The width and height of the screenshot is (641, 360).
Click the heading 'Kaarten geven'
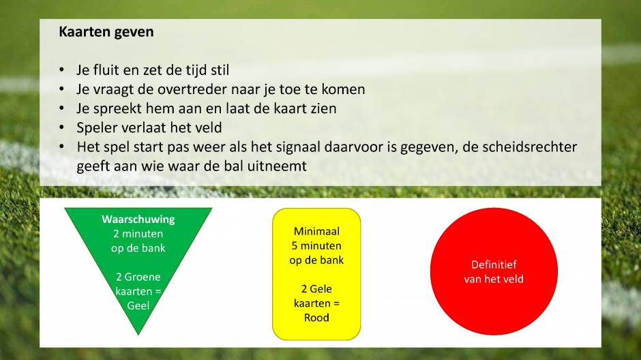pos(106,32)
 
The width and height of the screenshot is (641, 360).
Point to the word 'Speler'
pos(98,128)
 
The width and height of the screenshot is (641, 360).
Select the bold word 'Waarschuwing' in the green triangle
pos(138,220)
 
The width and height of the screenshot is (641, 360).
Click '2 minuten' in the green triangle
pos(138,234)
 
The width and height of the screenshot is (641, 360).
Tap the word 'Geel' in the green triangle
pos(138,305)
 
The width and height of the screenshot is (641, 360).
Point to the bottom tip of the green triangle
pos(138,335)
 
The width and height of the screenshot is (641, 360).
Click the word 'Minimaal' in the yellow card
pos(316,231)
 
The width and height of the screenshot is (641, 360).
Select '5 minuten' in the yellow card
pos(316,246)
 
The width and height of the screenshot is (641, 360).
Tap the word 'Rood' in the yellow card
pos(316,318)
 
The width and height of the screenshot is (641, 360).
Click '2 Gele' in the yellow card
pos(316,289)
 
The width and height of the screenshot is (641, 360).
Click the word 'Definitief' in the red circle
pos(494,265)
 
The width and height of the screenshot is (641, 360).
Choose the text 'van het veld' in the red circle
pos(494,280)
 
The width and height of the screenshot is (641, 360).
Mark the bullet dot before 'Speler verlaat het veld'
pos(62,127)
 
